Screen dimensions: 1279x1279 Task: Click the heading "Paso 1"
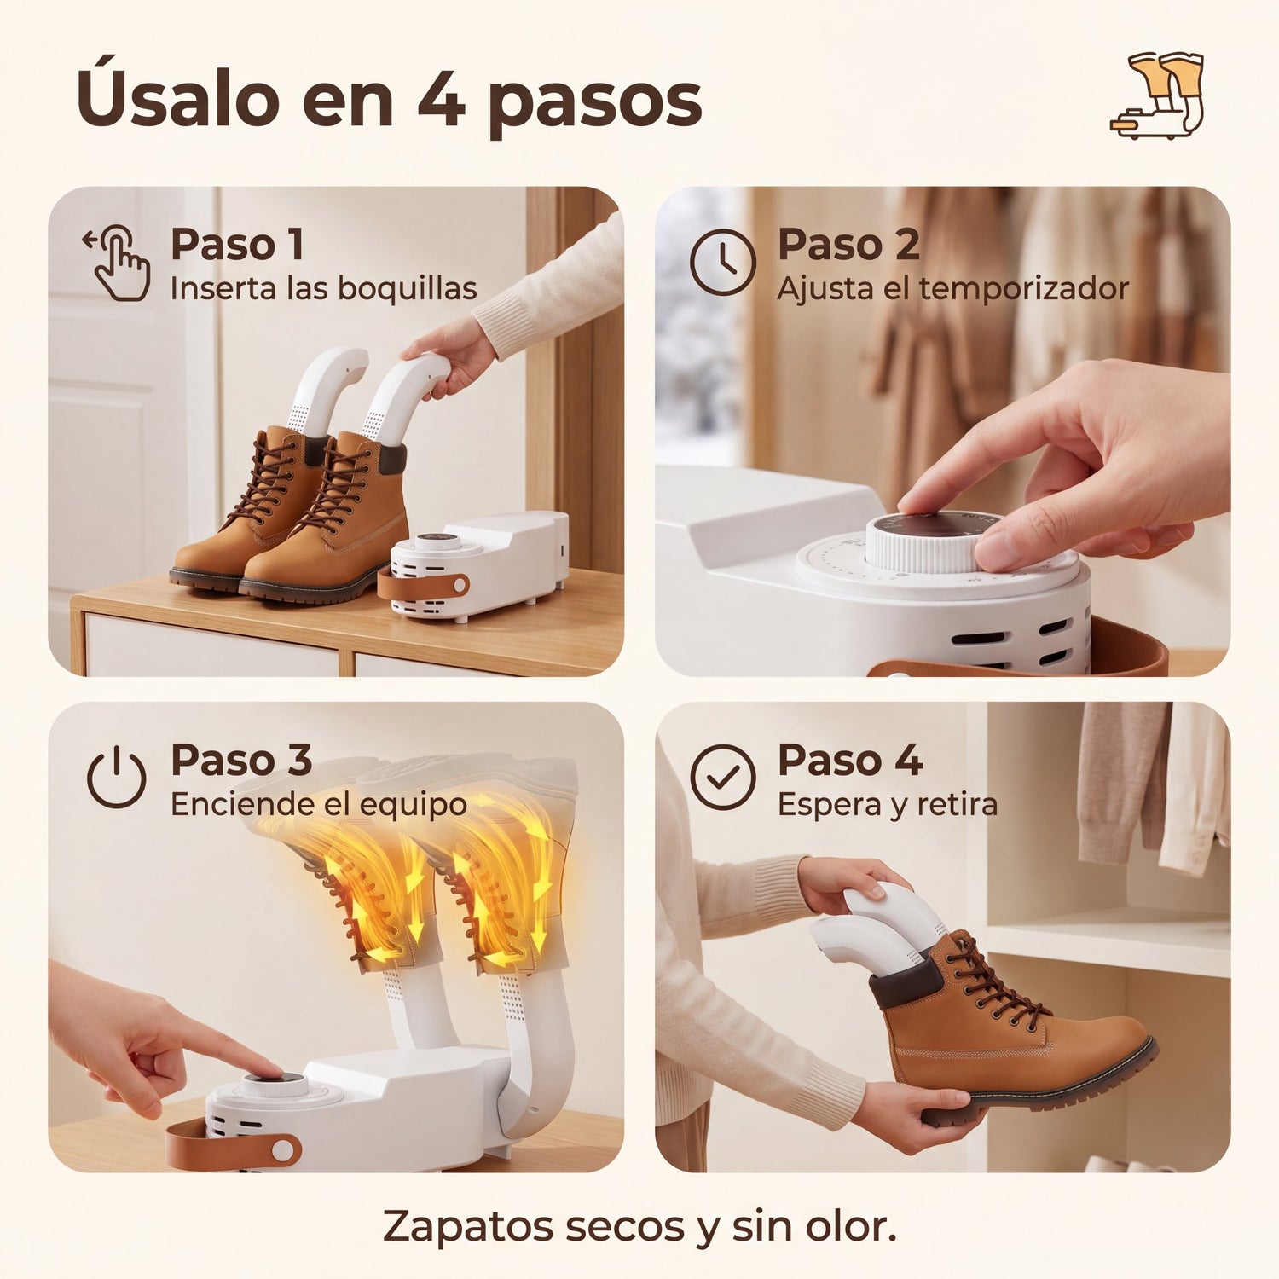237,245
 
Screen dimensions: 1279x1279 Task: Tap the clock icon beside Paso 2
722,263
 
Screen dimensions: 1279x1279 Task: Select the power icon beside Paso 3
117,777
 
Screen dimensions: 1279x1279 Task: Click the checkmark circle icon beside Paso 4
722,777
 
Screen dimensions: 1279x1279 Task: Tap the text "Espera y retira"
887,804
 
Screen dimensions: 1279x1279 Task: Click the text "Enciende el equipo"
319,804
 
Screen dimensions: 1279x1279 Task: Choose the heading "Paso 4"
850,760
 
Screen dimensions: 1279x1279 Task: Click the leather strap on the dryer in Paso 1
423,586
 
